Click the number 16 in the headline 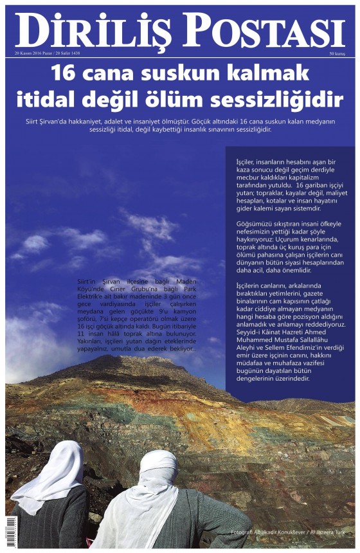pyautogui.click(x=65, y=72)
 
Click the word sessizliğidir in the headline pyautogui.click(x=292, y=100)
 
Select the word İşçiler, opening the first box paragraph pyautogui.click(x=244, y=158)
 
